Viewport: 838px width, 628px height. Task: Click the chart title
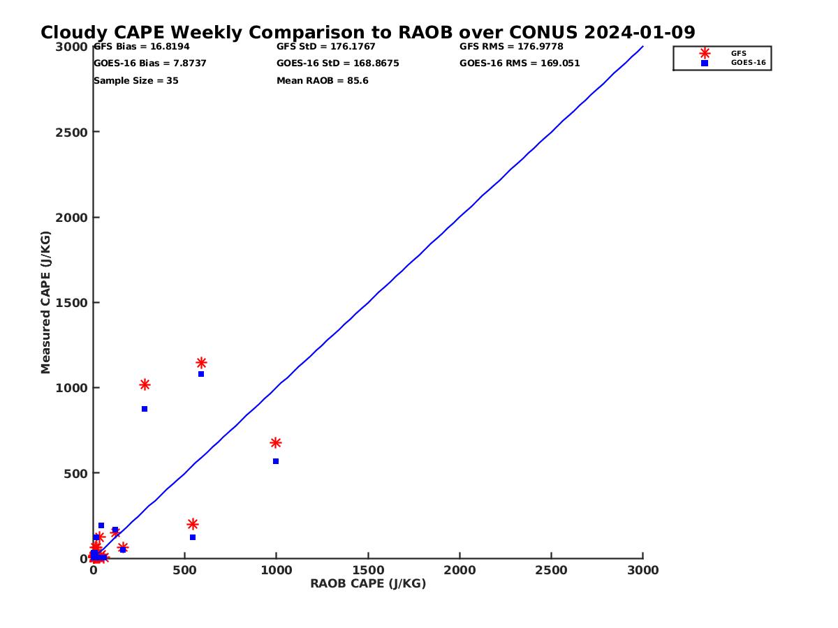[367, 32]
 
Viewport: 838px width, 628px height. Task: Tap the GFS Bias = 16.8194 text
[142, 47]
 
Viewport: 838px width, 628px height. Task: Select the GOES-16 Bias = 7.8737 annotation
[150, 63]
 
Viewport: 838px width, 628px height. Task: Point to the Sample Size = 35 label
[136, 81]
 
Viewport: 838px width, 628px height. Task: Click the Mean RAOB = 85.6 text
[323, 81]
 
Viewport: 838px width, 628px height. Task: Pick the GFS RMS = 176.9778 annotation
[511, 47]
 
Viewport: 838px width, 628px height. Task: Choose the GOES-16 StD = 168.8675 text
[338, 63]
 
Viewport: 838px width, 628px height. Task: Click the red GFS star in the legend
[705, 54]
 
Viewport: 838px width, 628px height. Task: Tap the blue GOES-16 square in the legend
[705, 63]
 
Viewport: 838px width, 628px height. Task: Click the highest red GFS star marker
[201, 363]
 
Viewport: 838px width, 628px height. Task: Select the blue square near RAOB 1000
[276, 461]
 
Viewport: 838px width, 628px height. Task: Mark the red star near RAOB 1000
[276, 442]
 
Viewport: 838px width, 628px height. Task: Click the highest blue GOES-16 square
[201, 374]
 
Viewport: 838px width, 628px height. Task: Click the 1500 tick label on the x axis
[368, 570]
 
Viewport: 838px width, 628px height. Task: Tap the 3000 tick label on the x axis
[643, 570]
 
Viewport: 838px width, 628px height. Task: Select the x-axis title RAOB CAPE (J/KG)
[368, 584]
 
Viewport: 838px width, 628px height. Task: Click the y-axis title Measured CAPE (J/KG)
[45, 302]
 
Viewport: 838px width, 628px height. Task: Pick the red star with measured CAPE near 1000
[145, 384]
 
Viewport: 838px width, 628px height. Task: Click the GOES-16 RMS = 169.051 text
[520, 63]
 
